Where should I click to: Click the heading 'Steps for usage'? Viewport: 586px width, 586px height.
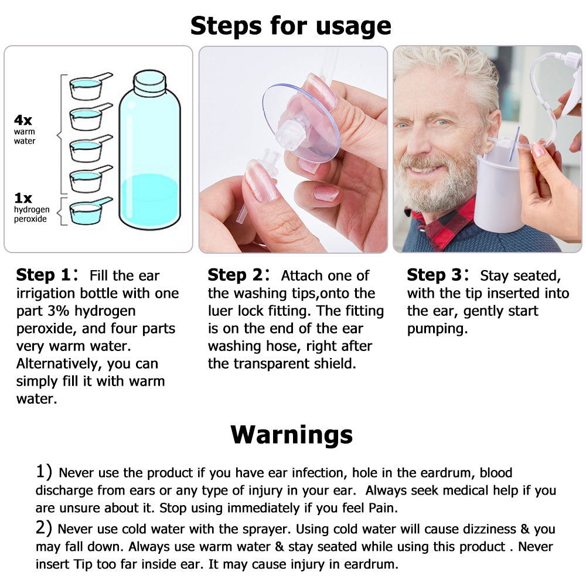291,25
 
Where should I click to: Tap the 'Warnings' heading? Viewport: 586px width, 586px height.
291,434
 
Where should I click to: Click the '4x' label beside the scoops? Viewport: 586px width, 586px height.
23,120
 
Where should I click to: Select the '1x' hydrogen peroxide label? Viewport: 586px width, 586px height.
23,198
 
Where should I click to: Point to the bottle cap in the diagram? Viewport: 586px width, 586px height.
149,83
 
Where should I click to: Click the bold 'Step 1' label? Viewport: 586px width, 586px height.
43,275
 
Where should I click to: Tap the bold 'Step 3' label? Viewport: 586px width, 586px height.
434,275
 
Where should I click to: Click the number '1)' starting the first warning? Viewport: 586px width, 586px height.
45,472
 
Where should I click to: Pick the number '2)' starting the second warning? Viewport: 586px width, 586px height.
45,529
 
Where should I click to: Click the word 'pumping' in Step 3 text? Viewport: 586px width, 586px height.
438,328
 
